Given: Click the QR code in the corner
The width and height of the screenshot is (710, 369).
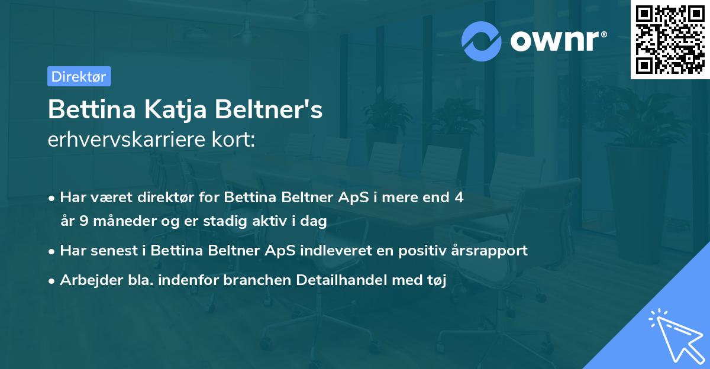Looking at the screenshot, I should tap(669, 39).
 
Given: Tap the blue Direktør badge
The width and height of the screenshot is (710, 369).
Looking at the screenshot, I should tap(79, 76).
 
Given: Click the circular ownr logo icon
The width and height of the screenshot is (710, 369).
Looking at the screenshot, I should tap(481, 41).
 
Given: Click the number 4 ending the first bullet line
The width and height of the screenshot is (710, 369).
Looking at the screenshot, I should tap(459, 198).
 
